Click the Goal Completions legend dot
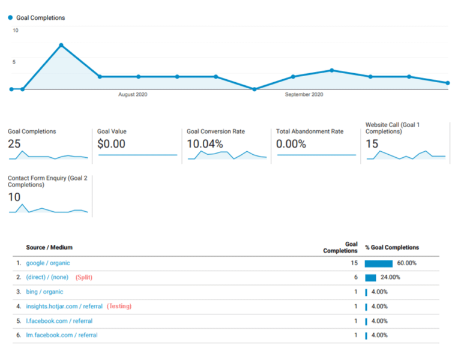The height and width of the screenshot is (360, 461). (10, 18)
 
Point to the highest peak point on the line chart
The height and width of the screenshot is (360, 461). (61, 46)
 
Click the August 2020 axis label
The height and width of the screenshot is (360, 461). (133, 95)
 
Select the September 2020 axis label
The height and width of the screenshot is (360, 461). (304, 95)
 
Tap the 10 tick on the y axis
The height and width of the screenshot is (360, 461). (16, 30)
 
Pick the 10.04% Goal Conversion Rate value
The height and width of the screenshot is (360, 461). (205, 144)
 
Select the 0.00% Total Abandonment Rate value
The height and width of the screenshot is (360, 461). (291, 144)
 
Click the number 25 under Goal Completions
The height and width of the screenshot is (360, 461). (14, 144)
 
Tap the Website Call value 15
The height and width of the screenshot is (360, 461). (372, 144)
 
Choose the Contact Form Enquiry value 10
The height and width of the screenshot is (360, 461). (14, 197)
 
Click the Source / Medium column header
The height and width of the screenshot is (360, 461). (49, 248)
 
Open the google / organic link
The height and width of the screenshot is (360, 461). (48, 263)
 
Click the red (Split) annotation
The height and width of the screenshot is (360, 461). (83, 277)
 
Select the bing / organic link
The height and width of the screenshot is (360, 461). (44, 292)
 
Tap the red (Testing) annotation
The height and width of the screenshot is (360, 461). (119, 306)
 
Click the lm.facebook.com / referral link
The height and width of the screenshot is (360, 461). (62, 335)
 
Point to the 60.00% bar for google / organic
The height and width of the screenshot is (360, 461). (378, 263)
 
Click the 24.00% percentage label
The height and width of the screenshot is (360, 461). (391, 277)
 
